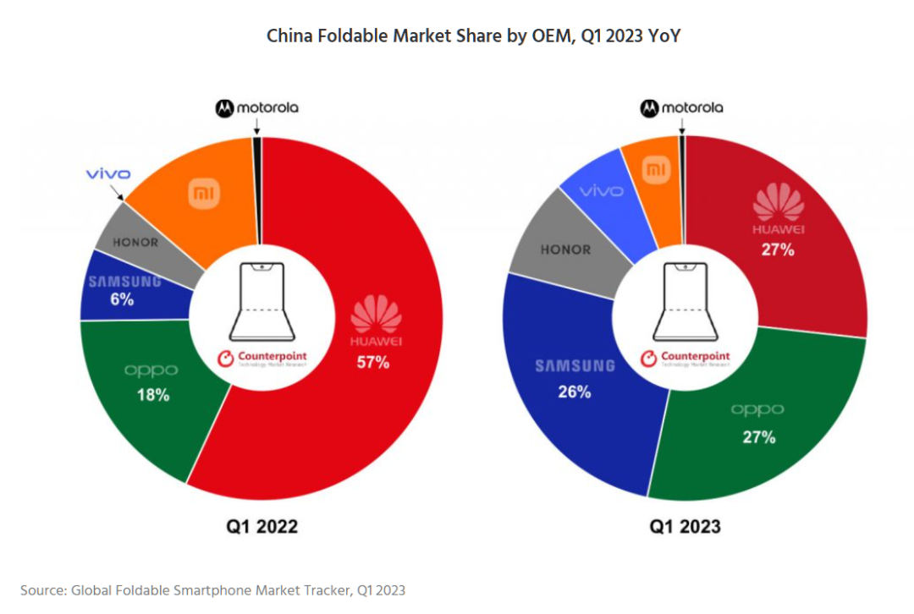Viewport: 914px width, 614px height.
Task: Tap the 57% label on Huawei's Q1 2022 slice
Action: pos(372,363)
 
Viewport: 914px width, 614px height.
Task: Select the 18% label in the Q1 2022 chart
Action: pos(153,394)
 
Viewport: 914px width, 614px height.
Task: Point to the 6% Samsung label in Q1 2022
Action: pos(122,299)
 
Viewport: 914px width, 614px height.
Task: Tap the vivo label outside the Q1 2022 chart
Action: pos(107,174)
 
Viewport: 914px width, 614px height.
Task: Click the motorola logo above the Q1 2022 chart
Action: pos(256,107)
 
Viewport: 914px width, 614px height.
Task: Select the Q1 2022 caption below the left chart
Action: pos(262,526)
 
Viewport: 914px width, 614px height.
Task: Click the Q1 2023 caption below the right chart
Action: pos(685,526)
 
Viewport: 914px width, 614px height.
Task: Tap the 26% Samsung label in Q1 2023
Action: pos(574,392)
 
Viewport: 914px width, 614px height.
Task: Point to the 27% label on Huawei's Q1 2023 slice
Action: pos(777,249)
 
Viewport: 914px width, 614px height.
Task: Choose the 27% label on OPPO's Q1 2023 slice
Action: pos(758,436)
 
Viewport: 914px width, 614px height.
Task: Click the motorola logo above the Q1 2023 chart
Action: pos(681,107)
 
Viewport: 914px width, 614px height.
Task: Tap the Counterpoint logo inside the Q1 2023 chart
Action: pos(685,358)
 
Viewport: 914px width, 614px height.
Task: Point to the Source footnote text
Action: pos(218,589)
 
